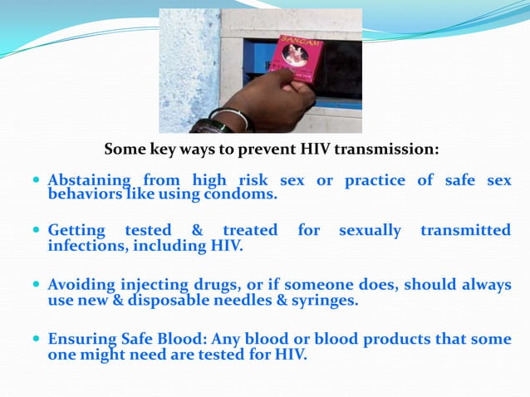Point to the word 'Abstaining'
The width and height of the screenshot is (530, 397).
tap(89, 179)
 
